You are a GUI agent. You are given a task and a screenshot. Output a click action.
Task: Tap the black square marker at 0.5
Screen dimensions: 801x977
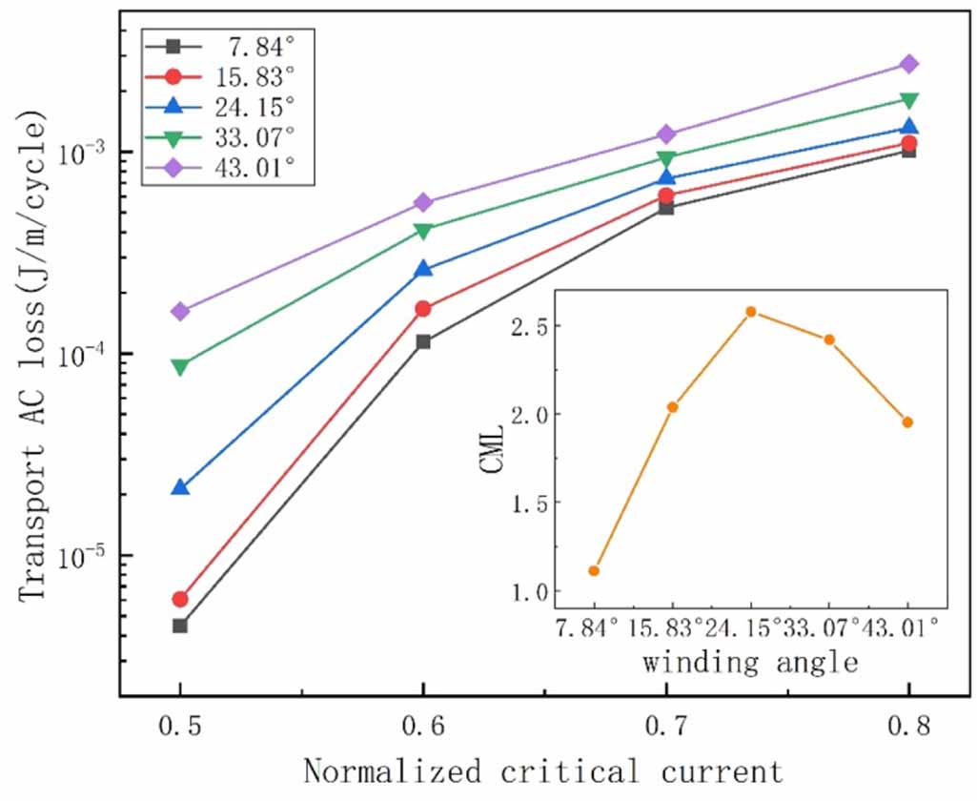[180, 626]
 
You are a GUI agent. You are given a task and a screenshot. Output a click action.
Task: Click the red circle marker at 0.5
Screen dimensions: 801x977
[180, 599]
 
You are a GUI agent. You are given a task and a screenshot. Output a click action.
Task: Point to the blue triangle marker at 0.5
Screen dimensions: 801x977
[180, 487]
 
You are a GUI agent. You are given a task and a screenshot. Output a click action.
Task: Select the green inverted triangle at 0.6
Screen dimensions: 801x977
[423, 230]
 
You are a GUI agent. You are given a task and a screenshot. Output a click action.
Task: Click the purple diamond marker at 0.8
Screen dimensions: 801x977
[908, 64]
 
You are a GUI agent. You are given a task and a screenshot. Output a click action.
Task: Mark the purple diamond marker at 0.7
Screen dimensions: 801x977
[666, 134]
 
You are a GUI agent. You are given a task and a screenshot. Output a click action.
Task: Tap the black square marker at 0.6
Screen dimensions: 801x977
[423, 341]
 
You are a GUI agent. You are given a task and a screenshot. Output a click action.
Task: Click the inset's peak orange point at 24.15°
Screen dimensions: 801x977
[751, 312]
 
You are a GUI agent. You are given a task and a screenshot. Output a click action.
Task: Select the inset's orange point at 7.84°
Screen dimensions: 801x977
[594, 570]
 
